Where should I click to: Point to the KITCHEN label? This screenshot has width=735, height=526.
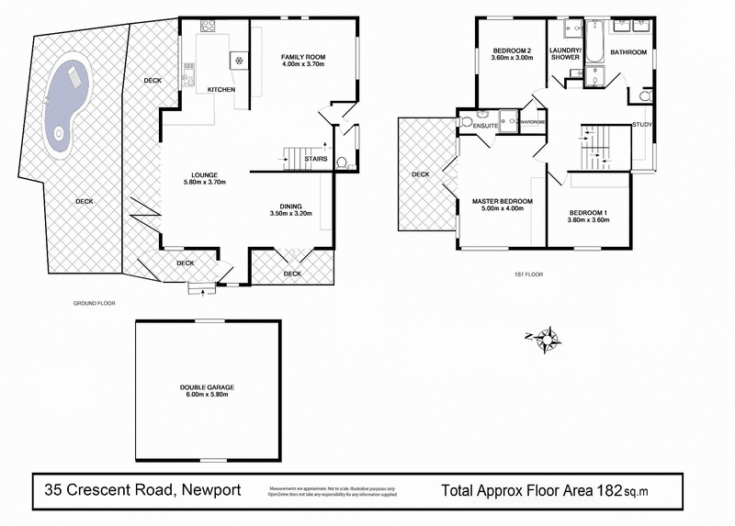point(221,89)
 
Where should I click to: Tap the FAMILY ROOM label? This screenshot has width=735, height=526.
point(303,58)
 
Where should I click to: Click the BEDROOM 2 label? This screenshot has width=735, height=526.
point(513,50)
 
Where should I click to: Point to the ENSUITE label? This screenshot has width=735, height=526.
point(485,125)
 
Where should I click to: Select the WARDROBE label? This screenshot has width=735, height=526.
point(532,120)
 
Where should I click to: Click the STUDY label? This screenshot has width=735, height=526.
point(641,124)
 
